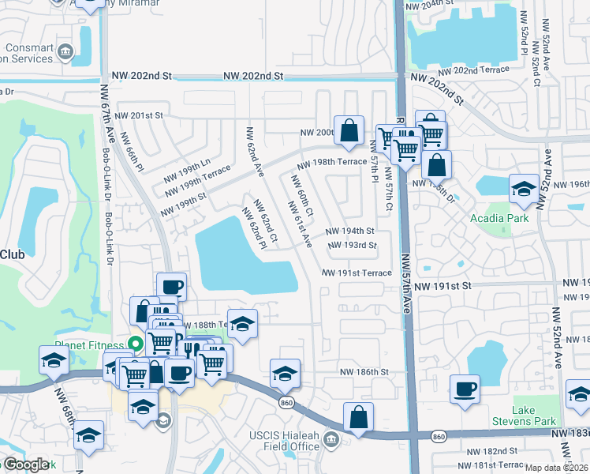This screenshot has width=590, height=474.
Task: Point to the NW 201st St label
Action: (140, 115)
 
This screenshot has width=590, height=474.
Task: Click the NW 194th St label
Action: (349, 231)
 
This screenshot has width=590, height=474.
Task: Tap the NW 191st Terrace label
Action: (357, 273)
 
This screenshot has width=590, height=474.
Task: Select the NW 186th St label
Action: (364, 371)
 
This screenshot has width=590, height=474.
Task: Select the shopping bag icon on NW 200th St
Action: (349, 130)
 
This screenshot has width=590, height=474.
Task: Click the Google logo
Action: (26, 465)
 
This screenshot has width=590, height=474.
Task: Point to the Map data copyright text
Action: (556, 468)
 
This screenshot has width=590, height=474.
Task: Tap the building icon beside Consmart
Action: (65, 54)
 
